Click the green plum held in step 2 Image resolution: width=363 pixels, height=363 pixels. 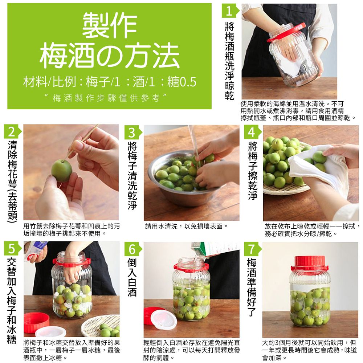coord(61,170)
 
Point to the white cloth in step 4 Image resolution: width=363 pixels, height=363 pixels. coord(319,171)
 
